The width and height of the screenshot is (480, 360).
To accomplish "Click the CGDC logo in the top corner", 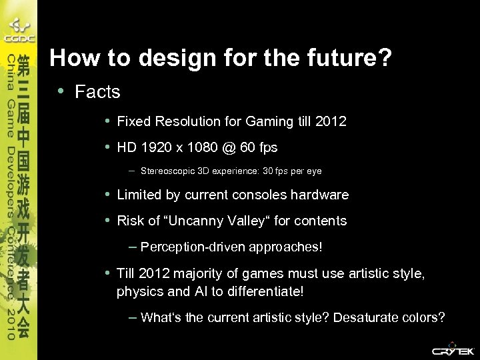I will [19, 30].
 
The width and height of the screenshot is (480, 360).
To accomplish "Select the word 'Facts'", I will [97, 92].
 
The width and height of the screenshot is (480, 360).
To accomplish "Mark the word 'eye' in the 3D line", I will [314, 171].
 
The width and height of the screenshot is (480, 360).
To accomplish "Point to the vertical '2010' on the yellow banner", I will [11, 325].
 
